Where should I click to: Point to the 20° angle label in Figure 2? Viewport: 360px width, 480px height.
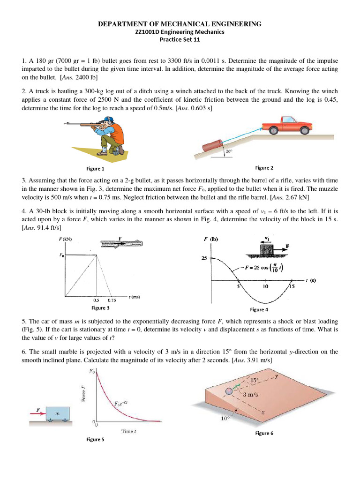point(229,151)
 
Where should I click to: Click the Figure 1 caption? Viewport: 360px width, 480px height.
point(96,169)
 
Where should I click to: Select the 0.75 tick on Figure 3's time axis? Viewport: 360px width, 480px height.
point(112,300)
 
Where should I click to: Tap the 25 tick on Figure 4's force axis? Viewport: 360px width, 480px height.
point(204,258)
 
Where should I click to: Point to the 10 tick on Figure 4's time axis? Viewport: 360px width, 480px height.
point(265,286)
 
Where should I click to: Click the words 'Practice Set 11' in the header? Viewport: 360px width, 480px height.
point(180,40)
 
